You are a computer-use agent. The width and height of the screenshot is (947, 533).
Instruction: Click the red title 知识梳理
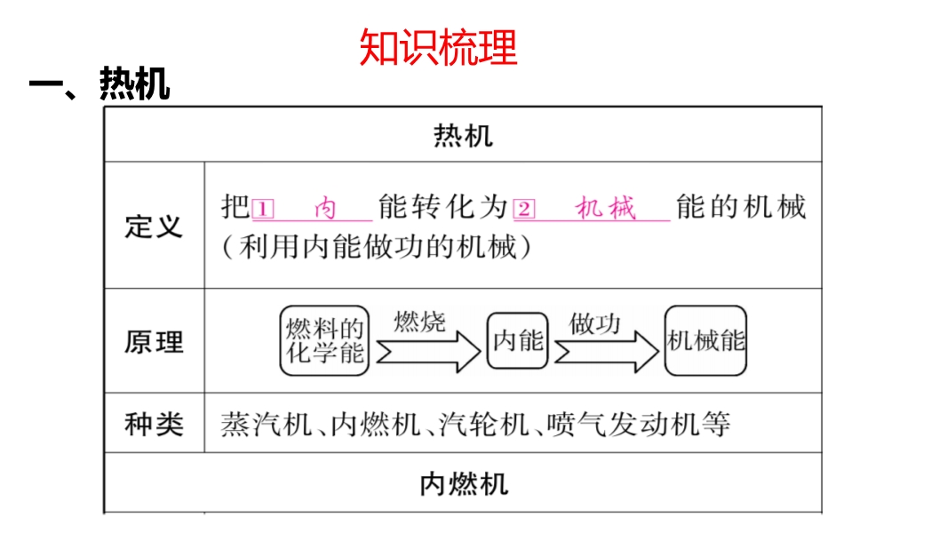coord(438,48)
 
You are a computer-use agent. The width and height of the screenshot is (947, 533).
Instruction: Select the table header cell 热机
coord(463,136)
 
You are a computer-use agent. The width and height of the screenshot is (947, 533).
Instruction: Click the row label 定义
coord(154,226)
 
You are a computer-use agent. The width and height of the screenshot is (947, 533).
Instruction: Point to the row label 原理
coord(154,342)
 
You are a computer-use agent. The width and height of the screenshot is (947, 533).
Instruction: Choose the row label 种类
coord(154,424)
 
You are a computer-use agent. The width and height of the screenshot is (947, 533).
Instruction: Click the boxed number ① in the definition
coord(263,210)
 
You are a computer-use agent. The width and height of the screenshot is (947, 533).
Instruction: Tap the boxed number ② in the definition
coord(525,210)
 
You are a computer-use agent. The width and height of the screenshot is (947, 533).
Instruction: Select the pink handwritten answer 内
coord(326,209)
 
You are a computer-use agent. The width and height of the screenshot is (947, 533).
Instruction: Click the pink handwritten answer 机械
coord(606,209)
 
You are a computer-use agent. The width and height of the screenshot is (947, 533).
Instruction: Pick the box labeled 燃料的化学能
coord(324,341)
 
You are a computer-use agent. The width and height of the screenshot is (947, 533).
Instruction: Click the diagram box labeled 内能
coord(517,340)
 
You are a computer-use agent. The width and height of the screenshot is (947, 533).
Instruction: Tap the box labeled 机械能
coord(706,340)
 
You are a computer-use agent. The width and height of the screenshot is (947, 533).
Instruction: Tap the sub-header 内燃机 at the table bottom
coord(463,484)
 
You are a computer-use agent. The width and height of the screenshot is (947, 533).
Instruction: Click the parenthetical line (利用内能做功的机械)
coord(378,247)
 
